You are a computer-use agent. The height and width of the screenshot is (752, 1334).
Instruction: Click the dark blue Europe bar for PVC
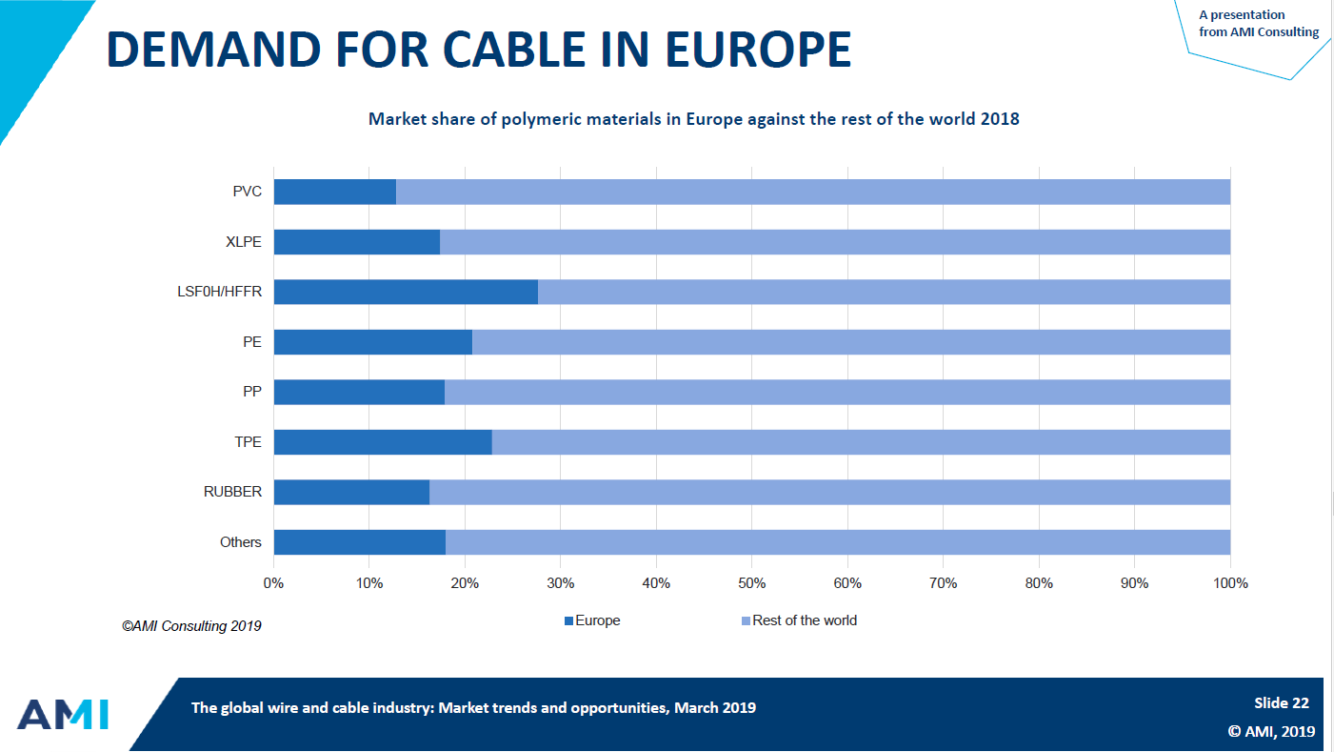pyautogui.click(x=334, y=192)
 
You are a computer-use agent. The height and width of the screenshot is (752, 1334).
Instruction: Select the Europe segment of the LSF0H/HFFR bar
pyautogui.click(x=406, y=292)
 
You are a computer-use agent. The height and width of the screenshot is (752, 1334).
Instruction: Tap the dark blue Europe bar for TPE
pyautogui.click(x=383, y=442)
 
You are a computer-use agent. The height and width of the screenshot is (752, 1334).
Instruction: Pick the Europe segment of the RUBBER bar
pyautogui.click(x=351, y=492)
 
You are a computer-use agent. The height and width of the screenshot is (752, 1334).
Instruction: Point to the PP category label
pyautogui.click(x=251, y=392)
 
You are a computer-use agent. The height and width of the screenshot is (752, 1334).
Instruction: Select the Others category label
pyautogui.click(x=240, y=542)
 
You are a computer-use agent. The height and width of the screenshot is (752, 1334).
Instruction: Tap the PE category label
pyautogui.click(x=251, y=342)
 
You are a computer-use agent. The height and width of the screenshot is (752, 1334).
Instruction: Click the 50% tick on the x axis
pyautogui.click(x=752, y=583)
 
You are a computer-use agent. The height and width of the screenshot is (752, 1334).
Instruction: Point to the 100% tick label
pyautogui.click(x=1230, y=583)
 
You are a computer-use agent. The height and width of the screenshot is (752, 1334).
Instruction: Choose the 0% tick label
pyautogui.click(x=274, y=583)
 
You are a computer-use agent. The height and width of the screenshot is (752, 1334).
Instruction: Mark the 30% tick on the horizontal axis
pyautogui.click(x=561, y=583)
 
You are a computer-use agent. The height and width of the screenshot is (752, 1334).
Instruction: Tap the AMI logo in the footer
pyautogui.click(x=63, y=714)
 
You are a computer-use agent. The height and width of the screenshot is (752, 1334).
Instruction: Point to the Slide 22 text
pyautogui.click(x=1281, y=703)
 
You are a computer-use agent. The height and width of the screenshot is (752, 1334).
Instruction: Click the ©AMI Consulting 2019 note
pyautogui.click(x=190, y=626)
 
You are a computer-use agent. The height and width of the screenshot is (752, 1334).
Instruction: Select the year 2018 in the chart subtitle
pyautogui.click(x=999, y=120)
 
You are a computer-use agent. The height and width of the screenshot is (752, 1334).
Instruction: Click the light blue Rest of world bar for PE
pyautogui.click(x=850, y=342)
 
